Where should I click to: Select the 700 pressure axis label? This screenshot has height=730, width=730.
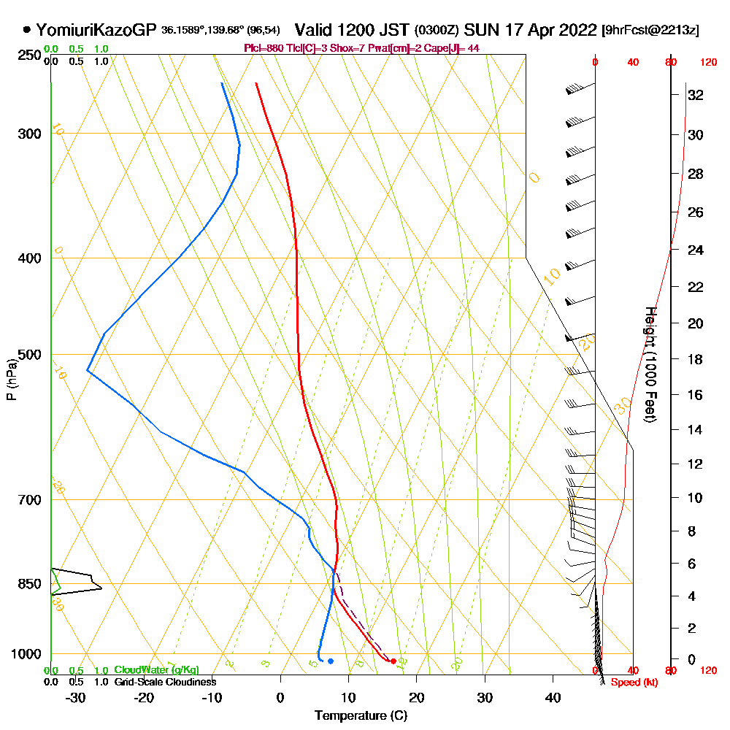(29, 500)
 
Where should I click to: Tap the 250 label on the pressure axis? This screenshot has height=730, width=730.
(29, 55)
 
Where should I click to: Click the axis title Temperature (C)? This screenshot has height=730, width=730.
(361, 715)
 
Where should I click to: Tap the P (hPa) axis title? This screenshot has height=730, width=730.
(11, 380)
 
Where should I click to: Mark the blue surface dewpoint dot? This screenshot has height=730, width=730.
(331, 661)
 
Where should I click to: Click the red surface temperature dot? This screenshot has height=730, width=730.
(393, 661)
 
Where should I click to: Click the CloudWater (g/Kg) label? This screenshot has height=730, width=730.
(156, 670)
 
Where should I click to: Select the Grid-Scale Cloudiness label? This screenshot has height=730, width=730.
(165, 682)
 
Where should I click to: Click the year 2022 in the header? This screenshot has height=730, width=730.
(575, 31)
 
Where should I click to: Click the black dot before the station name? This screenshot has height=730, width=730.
(27, 30)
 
